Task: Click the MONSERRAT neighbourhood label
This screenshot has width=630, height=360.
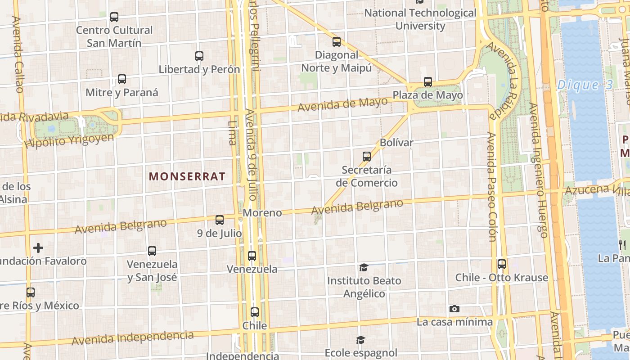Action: click(x=187, y=176)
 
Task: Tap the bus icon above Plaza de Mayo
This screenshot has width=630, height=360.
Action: click(x=427, y=82)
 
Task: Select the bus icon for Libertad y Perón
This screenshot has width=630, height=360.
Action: click(x=199, y=56)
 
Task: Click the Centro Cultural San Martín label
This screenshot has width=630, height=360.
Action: click(x=114, y=36)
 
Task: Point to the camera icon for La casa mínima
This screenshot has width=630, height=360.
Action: click(x=454, y=309)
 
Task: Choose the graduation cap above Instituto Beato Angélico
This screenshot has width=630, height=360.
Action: click(x=364, y=268)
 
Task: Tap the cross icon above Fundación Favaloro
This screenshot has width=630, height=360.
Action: click(x=38, y=247)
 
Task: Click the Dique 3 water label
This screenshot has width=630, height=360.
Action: click(x=585, y=85)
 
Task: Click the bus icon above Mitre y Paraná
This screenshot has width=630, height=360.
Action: click(x=121, y=79)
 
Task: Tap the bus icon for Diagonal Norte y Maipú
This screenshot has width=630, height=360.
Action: click(x=336, y=42)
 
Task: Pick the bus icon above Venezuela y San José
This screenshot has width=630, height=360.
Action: click(x=152, y=251)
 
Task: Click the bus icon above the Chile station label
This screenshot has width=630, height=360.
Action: click(x=255, y=312)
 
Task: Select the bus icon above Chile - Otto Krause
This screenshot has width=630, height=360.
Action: click(x=501, y=264)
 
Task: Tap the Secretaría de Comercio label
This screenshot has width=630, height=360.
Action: click(x=367, y=176)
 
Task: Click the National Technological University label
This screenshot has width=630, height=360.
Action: click(x=420, y=19)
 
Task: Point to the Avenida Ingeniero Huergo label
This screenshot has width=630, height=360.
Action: click(x=538, y=170)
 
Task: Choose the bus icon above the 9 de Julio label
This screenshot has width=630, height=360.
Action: click(x=220, y=220)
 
